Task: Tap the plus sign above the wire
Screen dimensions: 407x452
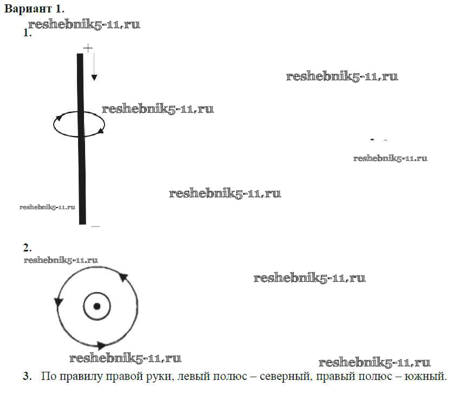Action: click(x=88, y=49)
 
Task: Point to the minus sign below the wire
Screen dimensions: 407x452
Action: click(x=95, y=226)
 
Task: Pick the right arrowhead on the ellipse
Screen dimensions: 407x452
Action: click(x=101, y=130)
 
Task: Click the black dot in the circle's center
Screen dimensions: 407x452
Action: click(x=97, y=306)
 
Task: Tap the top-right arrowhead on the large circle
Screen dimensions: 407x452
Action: click(x=122, y=277)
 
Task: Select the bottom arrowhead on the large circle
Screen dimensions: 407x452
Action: click(x=101, y=345)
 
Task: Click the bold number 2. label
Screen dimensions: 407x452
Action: click(x=27, y=248)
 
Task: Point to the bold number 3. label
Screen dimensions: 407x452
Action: click(x=27, y=376)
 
